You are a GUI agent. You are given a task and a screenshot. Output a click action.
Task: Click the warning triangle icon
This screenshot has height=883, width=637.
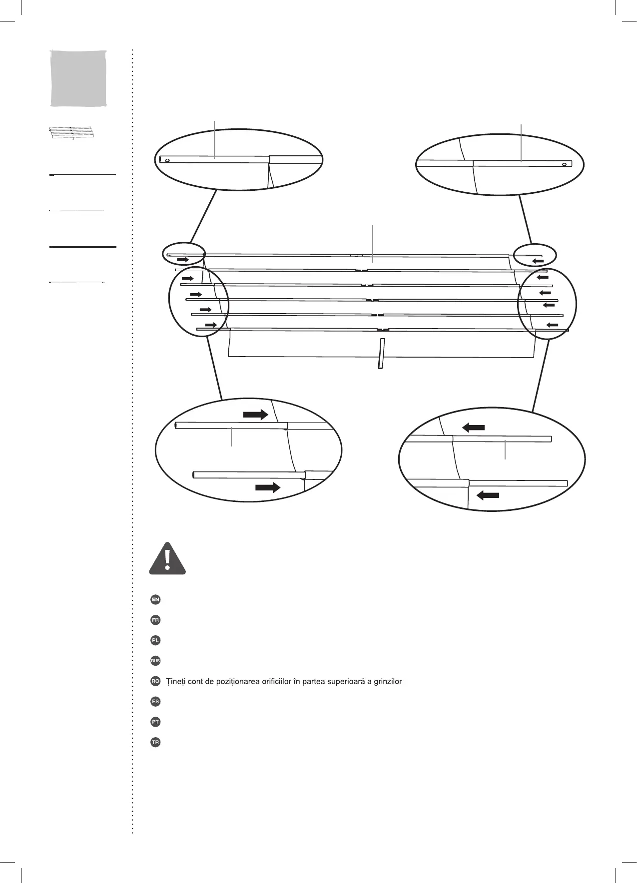point(167,559)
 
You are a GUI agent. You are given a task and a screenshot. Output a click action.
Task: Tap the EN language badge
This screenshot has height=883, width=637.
point(155,599)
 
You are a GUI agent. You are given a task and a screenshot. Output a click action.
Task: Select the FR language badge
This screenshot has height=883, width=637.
point(155,620)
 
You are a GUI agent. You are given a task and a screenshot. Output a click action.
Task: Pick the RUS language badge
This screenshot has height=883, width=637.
point(155,661)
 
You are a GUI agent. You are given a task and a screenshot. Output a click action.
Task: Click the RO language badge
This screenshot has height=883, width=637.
point(155,681)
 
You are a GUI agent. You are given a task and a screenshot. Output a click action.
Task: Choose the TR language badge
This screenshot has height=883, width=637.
point(155,743)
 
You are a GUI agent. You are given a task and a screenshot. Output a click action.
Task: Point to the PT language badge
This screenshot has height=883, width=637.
point(155,722)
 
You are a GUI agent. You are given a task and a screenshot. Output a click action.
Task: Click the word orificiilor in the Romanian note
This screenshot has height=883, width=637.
point(277,681)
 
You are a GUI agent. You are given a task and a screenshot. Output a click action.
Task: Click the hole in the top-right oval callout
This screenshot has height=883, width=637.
point(564,164)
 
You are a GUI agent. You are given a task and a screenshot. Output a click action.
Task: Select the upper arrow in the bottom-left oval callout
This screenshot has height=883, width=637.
point(256,415)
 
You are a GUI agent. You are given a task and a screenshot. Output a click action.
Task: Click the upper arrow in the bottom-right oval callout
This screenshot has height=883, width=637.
point(473,427)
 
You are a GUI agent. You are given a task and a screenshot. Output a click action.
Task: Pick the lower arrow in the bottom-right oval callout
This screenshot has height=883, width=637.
point(488,495)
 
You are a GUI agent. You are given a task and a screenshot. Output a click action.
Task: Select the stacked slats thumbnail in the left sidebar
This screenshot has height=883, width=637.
point(72,133)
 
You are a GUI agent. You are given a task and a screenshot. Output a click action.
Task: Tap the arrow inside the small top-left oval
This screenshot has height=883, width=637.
point(183,260)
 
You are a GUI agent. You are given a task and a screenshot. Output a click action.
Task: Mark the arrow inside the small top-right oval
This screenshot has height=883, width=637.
point(538,260)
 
